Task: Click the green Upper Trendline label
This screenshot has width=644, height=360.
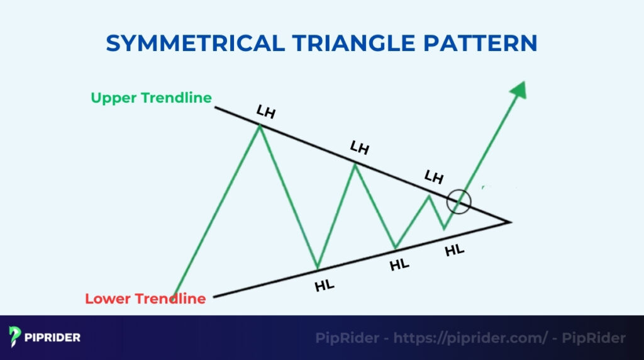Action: (x=151, y=98)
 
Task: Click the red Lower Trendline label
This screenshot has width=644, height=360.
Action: (x=145, y=298)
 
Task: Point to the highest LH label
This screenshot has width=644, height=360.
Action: (x=266, y=111)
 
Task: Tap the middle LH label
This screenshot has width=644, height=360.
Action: (x=359, y=149)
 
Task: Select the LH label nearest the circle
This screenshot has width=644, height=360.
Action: (x=434, y=177)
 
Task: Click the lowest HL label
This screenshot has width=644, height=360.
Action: (x=325, y=285)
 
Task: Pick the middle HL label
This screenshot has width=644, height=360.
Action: (x=399, y=264)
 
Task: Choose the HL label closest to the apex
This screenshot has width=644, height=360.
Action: (x=454, y=250)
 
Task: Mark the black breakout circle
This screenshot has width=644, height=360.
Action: (x=458, y=202)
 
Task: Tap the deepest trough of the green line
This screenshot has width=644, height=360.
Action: (x=318, y=268)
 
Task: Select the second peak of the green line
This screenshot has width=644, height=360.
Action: (x=355, y=164)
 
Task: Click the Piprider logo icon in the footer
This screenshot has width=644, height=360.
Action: (x=15, y=337)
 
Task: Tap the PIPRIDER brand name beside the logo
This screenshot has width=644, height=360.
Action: (x=53, y=338)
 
